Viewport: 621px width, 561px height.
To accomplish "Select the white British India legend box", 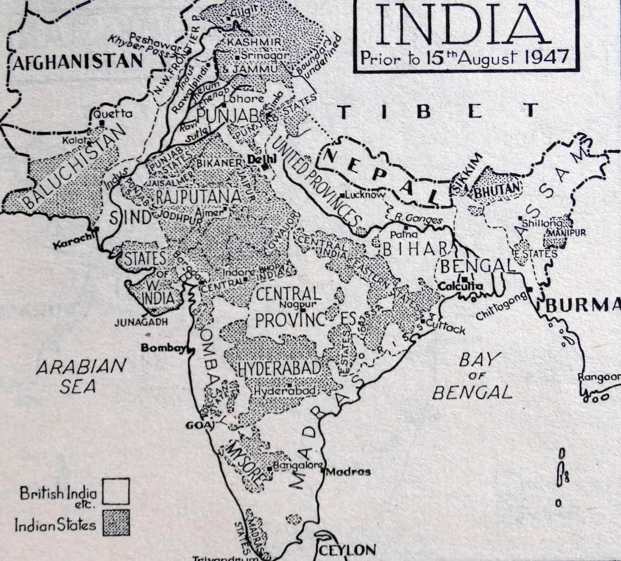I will (116, 491).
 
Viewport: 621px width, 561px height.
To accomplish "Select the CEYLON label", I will (347, 550).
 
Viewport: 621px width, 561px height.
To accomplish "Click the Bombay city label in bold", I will (163, 348).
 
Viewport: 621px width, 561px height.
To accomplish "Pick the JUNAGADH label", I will (138, 322).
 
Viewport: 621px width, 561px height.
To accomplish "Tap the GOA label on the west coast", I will (196, 426).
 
